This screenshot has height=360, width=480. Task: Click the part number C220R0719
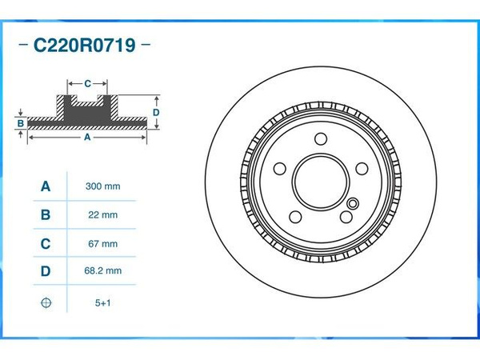[x=83, y=45]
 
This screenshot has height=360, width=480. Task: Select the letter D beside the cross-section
[x=157, y=113]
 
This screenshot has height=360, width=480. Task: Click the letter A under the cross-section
[x=87, y=138]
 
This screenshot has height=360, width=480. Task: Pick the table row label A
[x=46, y=186]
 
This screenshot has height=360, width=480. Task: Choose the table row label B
[x=46, y=214]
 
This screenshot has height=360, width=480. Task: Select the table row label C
[x=46, y=243]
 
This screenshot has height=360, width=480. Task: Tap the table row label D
[x=46, y=271]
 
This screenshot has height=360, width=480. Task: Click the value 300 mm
[x=102, y=186]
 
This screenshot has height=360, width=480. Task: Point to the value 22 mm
[x=102, y=215]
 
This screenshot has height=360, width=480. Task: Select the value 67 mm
[x=102, y=243]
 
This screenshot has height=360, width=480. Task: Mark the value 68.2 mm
[x=102, y=271]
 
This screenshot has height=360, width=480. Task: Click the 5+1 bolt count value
[x=102, y=303]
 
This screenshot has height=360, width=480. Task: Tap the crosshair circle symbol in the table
[x=46, y=303]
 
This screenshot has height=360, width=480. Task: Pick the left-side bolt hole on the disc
[x=280, y=169]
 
